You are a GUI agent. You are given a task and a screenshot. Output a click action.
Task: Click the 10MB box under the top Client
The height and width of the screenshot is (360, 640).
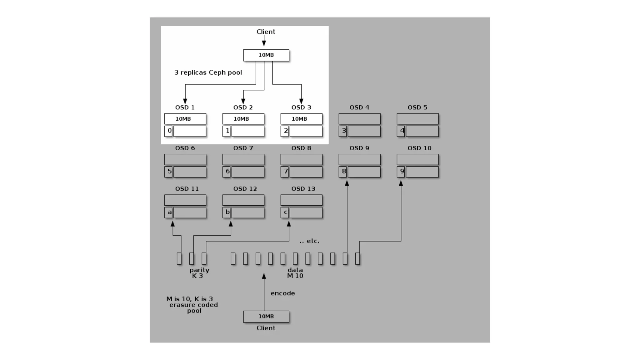(266, 55)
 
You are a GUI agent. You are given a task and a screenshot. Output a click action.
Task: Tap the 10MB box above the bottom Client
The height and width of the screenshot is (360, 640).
(266, 317)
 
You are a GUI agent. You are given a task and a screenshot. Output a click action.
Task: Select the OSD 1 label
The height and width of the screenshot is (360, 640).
(185, 107)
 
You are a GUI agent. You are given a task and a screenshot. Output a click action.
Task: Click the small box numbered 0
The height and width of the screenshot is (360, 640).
(168, 131)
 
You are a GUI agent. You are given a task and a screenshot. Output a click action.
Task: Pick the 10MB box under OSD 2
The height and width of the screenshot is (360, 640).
(243, 119)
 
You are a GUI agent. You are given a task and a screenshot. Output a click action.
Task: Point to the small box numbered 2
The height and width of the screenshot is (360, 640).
(285, 131)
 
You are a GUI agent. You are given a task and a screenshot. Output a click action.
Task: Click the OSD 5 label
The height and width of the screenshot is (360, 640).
(417, 107)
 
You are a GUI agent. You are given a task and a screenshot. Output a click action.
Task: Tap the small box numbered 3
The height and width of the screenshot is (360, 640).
(343, 131)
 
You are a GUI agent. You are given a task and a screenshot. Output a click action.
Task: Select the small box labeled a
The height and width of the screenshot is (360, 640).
(168, 212)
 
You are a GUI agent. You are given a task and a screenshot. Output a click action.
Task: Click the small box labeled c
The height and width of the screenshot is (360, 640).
(285, 212)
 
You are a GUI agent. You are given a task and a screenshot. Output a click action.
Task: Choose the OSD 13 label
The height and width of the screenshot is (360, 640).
(303, 189)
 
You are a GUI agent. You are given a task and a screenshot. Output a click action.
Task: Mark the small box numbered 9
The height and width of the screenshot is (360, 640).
(401, 172)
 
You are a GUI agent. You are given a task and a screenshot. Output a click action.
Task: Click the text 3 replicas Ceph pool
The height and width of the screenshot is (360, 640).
(208, 72)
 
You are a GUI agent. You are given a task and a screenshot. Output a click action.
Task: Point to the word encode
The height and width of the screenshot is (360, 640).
(282, 293)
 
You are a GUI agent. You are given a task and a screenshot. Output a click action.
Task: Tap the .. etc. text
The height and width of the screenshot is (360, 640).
(309, 241)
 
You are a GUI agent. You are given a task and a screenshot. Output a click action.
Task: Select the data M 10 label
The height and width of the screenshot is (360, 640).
(295, 273)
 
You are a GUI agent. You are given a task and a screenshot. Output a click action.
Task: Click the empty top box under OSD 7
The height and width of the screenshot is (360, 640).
(243, 159)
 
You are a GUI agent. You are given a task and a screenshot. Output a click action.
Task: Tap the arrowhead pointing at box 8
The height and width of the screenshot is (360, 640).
(347, 183)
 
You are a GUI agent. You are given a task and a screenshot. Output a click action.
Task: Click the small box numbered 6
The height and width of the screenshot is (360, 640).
(227, 172)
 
